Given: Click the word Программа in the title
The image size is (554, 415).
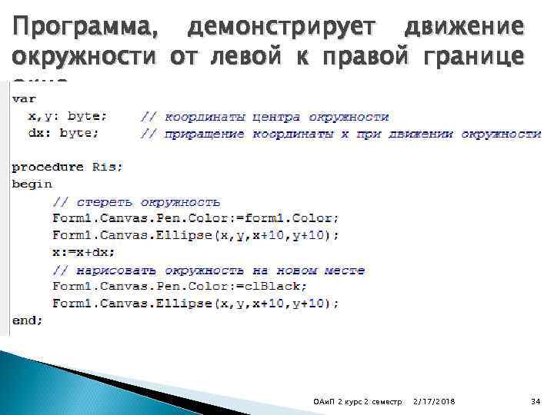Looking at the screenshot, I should coord(80,28).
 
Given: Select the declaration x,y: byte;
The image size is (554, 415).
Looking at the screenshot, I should coord(67,117).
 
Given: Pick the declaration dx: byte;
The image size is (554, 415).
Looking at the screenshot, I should coord(63,134).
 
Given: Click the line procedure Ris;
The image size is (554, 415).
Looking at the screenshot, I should coord(67,167).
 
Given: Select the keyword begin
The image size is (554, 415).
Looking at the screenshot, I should coord(32,184).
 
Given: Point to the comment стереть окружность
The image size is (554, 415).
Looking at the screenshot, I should coord(136,201).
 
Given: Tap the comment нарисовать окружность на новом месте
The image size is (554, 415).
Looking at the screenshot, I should coord(208,270).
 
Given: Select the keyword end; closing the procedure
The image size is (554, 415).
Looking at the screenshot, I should coord(28,320).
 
